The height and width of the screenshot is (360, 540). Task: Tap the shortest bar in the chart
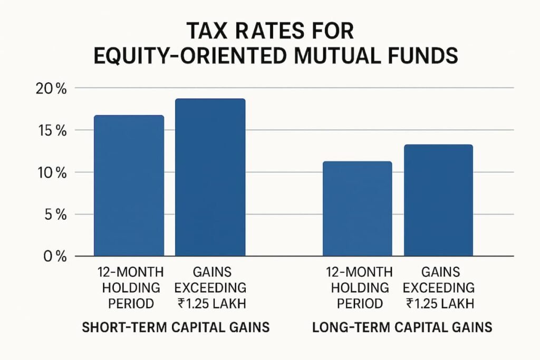(x=357, y=209)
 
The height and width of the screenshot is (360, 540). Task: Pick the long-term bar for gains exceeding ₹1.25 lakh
(x=438, y=200)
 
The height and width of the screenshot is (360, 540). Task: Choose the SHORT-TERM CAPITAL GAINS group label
(x=176, y=327)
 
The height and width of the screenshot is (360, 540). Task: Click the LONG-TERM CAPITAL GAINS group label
(x=402, y=327)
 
